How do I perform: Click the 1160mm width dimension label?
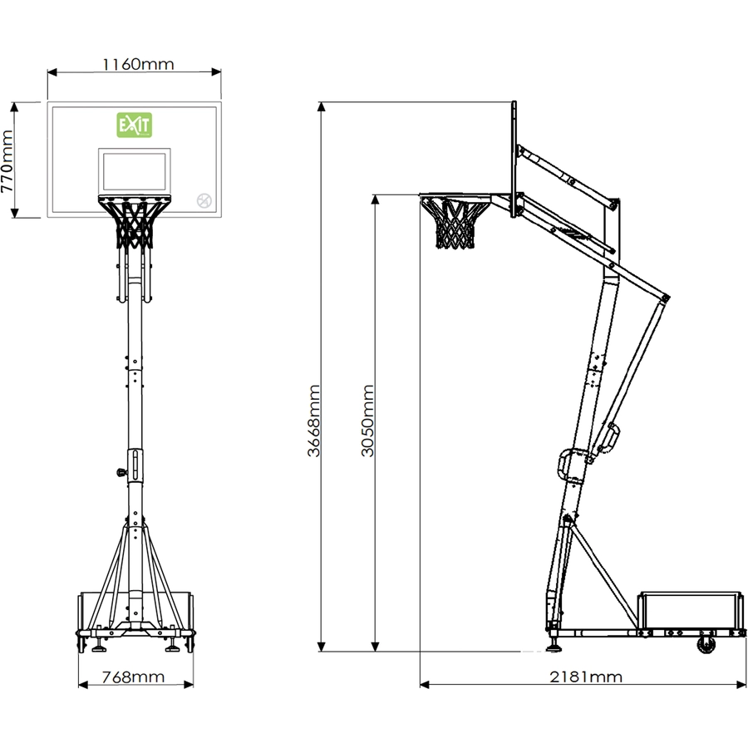pyautogui.click(x=138, y=64)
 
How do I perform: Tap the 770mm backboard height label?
pyautogui.click(x=7, y=161)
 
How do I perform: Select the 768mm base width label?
pyautogui.click(x=133, y=677)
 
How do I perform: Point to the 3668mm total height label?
pyautogui.click(x=313, y=421)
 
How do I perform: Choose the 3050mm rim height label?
pyautogui.click(x=367, y=421)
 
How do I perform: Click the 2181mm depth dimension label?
pyautogui.click(x=586, y=677)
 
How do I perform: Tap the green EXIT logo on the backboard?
pyautogui.click(x=135, y=125)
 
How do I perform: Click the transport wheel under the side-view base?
pyautogui.click(x=706, y=645)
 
